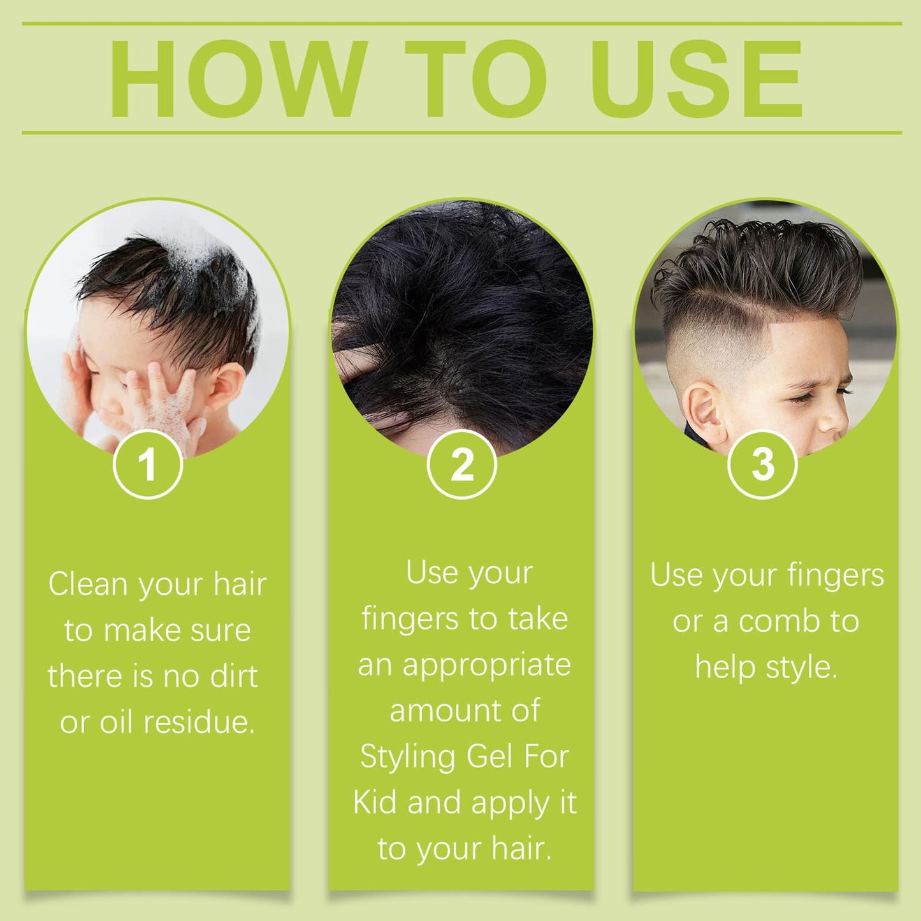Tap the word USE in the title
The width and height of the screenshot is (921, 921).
pyautogui.click(x=696, y=78)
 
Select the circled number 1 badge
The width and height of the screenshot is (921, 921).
pyautogui.click(x=148, y=464)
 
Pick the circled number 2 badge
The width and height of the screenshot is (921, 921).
pyautogui.click(x=461, y=464)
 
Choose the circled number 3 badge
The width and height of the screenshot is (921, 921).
pyautogui.click(x=762, y=464)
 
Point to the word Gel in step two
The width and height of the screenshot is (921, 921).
pyautogui.click(x=489, y=757)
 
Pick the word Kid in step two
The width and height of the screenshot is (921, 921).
pyautogui.click(x=375, y=802)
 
